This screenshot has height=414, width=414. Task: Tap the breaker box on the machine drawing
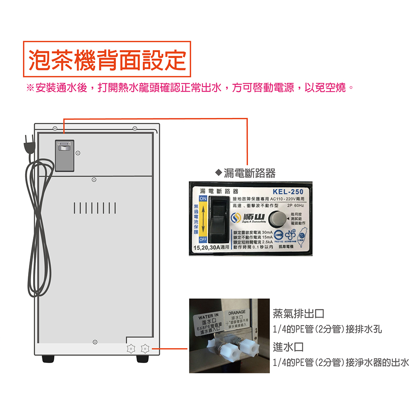(x=65, y=155)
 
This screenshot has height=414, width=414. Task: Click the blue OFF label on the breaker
(x=203, y=239)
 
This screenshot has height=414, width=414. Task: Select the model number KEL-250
(x=288, y=192)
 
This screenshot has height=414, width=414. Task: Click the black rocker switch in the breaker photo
(x=219, y=219)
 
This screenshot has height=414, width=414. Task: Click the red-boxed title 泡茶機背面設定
(x=107, y=59)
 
